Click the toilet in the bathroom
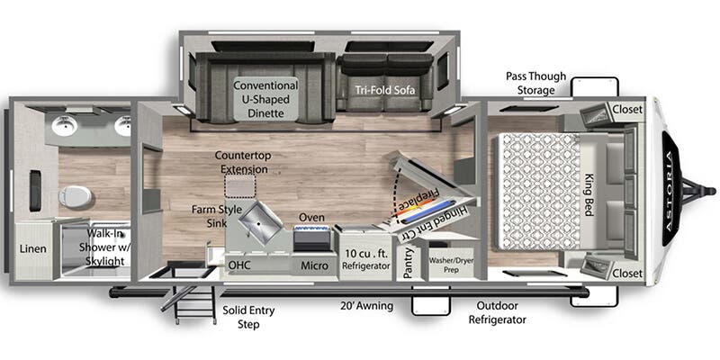76,197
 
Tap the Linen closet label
32,249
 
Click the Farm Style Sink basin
260,222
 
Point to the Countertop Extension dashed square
239,186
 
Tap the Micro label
314,265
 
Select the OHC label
239,265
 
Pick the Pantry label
409,263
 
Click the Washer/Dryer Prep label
451,265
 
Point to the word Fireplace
418,203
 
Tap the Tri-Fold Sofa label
385,90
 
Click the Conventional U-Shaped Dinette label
265,99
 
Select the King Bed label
589,195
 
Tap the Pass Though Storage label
535,83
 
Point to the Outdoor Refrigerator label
498,312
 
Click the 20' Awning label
367,306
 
